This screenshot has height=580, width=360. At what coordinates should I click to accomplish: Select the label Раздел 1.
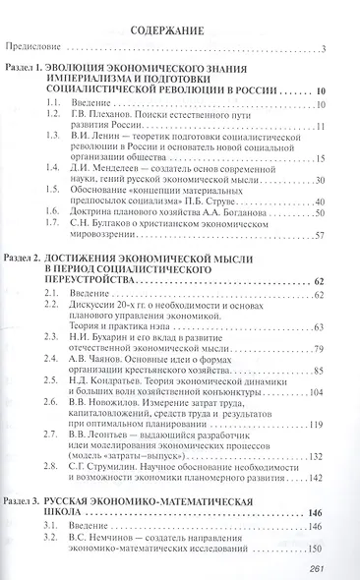[27, 68]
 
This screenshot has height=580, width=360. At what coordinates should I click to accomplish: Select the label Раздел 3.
[27, 502]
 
